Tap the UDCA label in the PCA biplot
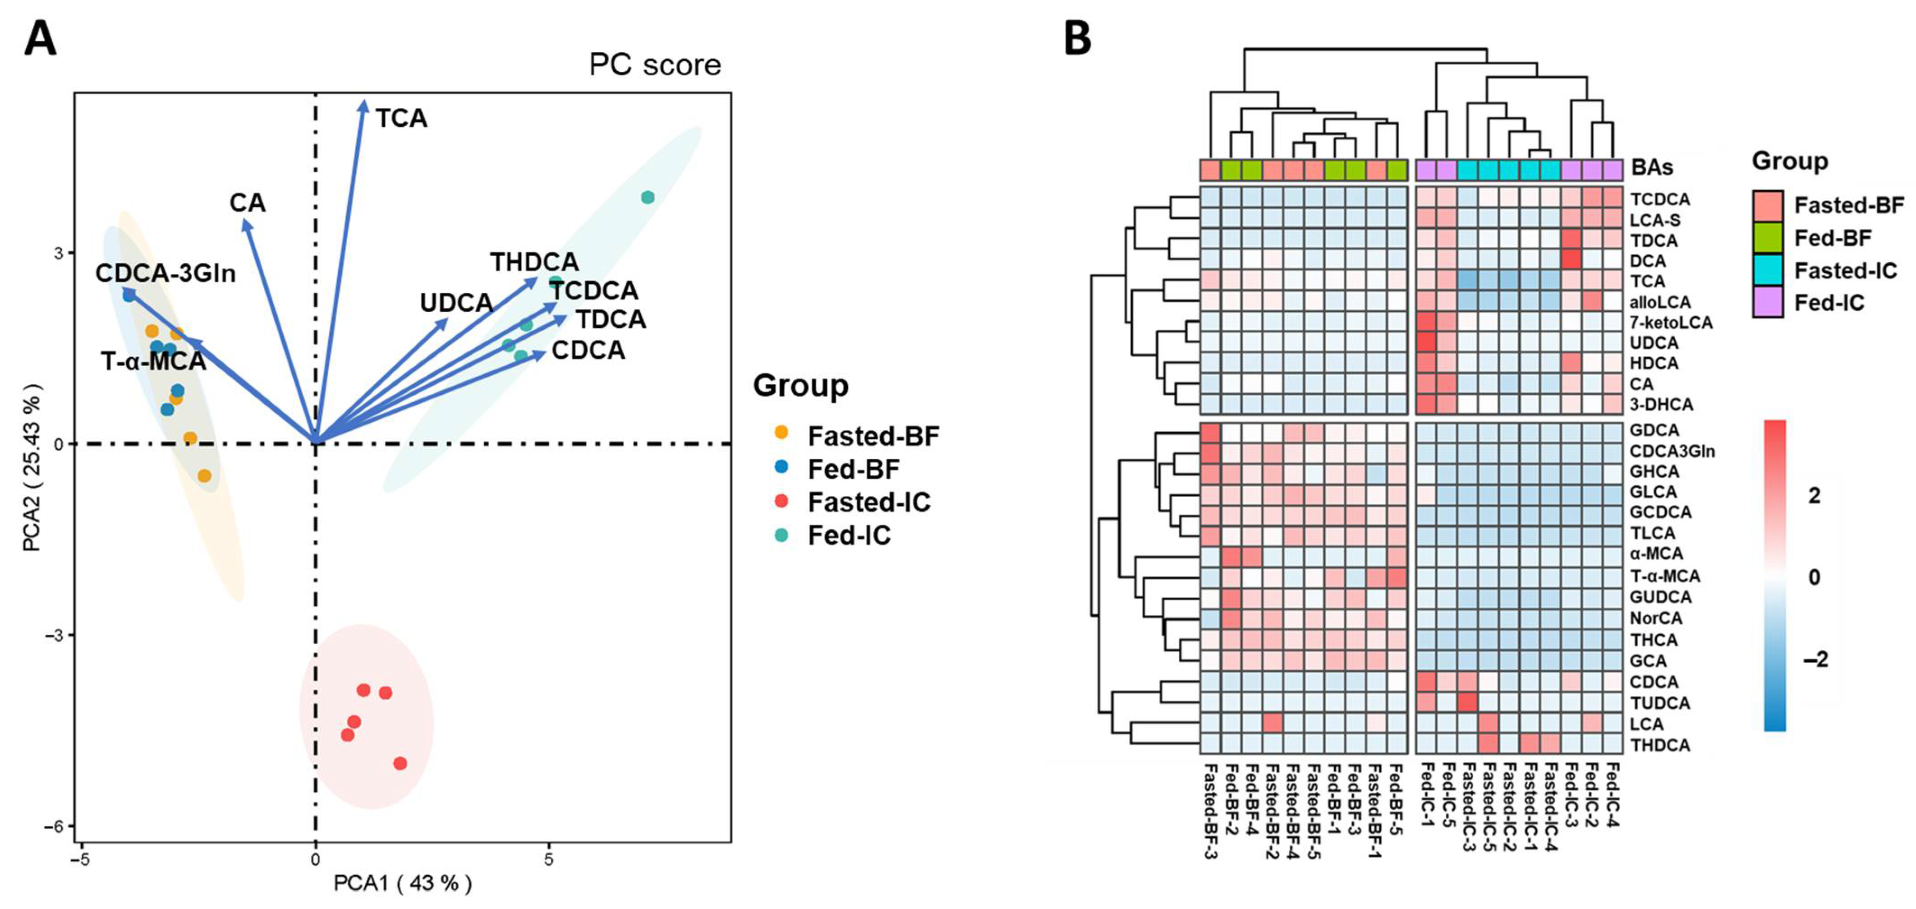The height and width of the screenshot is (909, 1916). tap(456, 303)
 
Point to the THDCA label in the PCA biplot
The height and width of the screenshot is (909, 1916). tap(534, 262)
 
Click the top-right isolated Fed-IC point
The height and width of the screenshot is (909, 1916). tap(648, 197)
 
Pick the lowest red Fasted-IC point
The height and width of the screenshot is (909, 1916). tap(400, 763)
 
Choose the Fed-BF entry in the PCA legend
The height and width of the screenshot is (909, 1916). tap(853, 469)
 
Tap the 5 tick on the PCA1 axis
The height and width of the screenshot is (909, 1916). tap(549, 860)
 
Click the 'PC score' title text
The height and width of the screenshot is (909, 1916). tap(655, 65)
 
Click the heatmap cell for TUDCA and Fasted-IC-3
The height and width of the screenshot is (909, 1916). tap(1467, 702)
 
